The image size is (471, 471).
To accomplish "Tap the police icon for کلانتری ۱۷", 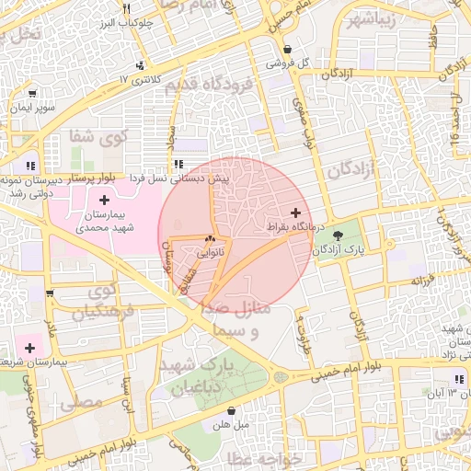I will pos(140,65).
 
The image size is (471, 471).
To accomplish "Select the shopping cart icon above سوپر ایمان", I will pos(33,94).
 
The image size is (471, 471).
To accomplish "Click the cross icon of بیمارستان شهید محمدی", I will pos(103,200).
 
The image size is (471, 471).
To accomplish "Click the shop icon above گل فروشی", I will pos(288,50).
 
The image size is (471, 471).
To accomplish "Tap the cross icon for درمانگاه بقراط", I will pos(294,213).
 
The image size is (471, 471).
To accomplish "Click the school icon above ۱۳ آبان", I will pos(457,379).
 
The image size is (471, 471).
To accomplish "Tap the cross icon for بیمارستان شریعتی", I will pos(30,348).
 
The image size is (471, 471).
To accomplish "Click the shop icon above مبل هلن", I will pos(230,410).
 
